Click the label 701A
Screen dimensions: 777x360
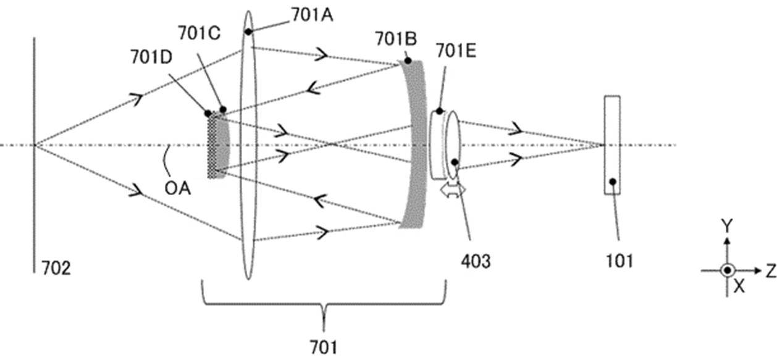(x=313, y=15)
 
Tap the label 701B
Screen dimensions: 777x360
(x=396, y=38)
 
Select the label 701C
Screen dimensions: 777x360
(x=199, y=33)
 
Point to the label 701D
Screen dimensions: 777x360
(x=151, y=57)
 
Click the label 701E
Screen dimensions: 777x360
(x=456, y=51)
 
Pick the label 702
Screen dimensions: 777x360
(x=56, y=268)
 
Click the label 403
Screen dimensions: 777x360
(x=476, y=261)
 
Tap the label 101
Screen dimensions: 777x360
(x=619, y=261)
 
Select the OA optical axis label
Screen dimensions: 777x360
(x=178, y=189)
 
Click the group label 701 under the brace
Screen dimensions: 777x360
(x=324, y=347)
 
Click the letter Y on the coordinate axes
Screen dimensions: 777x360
(x=727, y=226)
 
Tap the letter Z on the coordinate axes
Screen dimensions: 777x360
(x=771, y=271)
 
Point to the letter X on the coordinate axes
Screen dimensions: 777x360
(x=739, y=287)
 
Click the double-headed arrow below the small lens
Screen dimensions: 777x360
(x=453, y=190)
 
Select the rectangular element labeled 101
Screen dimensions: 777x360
(x=612, y=145)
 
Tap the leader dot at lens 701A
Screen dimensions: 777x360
(x=248, y=31)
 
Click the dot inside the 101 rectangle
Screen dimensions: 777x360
(x=613, y=182)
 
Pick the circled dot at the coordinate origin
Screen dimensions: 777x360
(x=728, y=270)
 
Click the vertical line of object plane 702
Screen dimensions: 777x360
(x=35, y=155)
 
